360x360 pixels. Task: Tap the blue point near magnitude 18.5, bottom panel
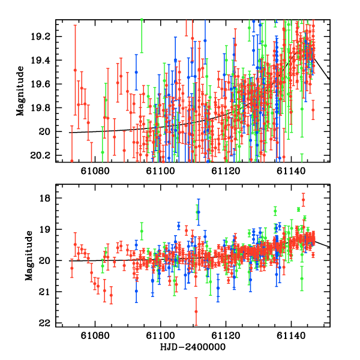[x=198, y=212]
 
